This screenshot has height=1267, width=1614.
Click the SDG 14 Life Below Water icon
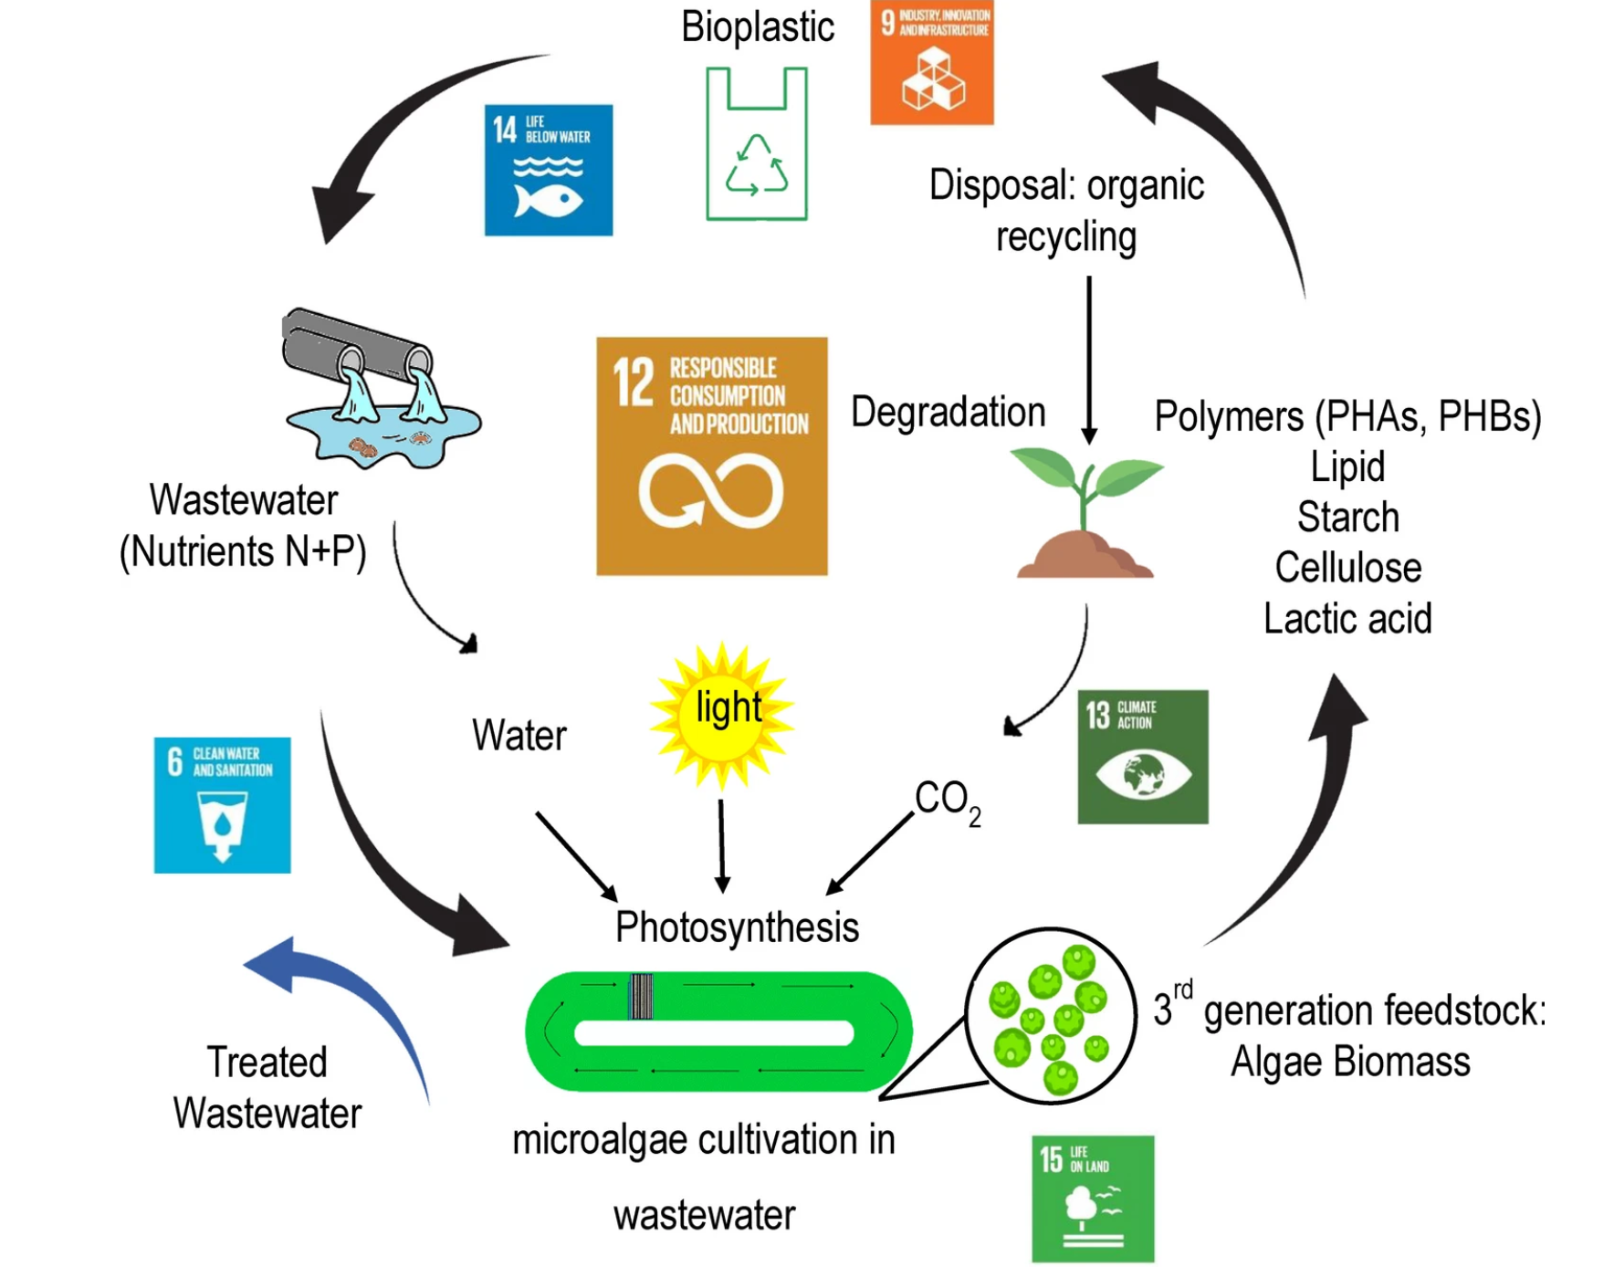tap(548, 170)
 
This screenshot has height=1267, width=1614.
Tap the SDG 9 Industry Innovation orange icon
tap(931, 62)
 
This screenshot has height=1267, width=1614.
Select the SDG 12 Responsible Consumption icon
tap(711, 455)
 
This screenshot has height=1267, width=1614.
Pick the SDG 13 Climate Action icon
tap(1142, 757)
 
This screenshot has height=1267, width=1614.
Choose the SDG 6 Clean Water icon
tap(222, 805)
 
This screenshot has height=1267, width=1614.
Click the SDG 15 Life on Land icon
tap(1092, 1199)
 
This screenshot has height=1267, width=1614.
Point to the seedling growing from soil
tap(1085, 511)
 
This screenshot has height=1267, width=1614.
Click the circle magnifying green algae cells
tap(1050, 1016)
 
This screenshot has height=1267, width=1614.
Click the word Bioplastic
tap(757, 26)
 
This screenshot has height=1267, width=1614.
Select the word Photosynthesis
tap(737, 927)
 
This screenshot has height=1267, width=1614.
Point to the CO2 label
tap(947, 801)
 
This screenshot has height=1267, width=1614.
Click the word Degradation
tap(948, 413)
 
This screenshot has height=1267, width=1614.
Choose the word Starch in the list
tap(1347, 518)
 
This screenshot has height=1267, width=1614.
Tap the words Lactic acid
tap(1347, 619)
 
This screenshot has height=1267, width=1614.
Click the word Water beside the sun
tap(519, 736)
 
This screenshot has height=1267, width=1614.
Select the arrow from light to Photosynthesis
tap(721, 844)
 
